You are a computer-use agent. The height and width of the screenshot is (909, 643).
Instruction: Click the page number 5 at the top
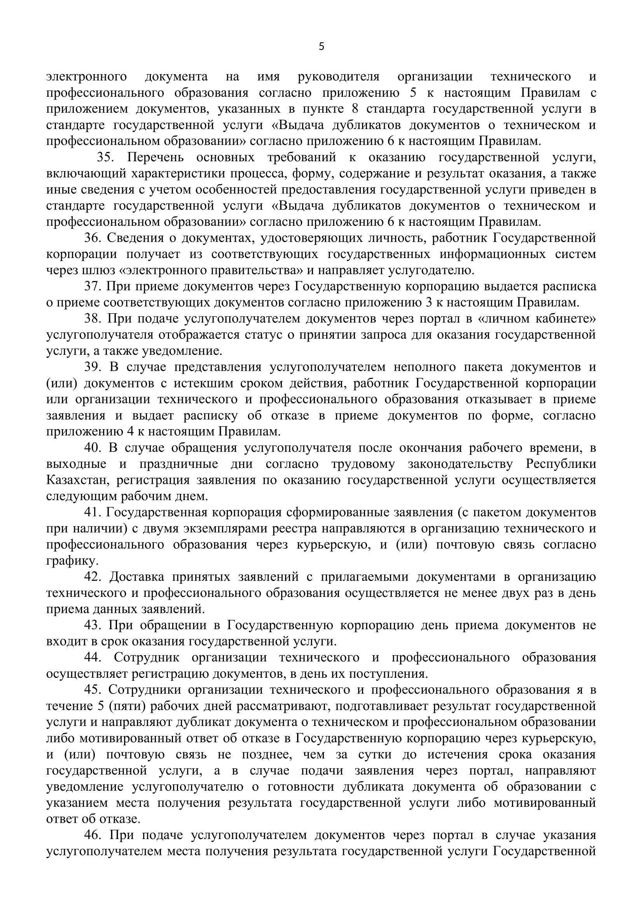321,47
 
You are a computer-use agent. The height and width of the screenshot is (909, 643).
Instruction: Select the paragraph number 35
105,157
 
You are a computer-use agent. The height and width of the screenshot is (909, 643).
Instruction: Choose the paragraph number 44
92,658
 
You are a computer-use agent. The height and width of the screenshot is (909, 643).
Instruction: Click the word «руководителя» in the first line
339,77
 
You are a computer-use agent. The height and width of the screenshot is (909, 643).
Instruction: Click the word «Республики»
561,464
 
